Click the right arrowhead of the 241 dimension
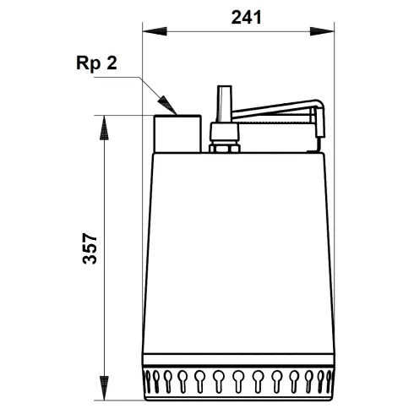(329, 33)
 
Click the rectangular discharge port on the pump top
(177, 134)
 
